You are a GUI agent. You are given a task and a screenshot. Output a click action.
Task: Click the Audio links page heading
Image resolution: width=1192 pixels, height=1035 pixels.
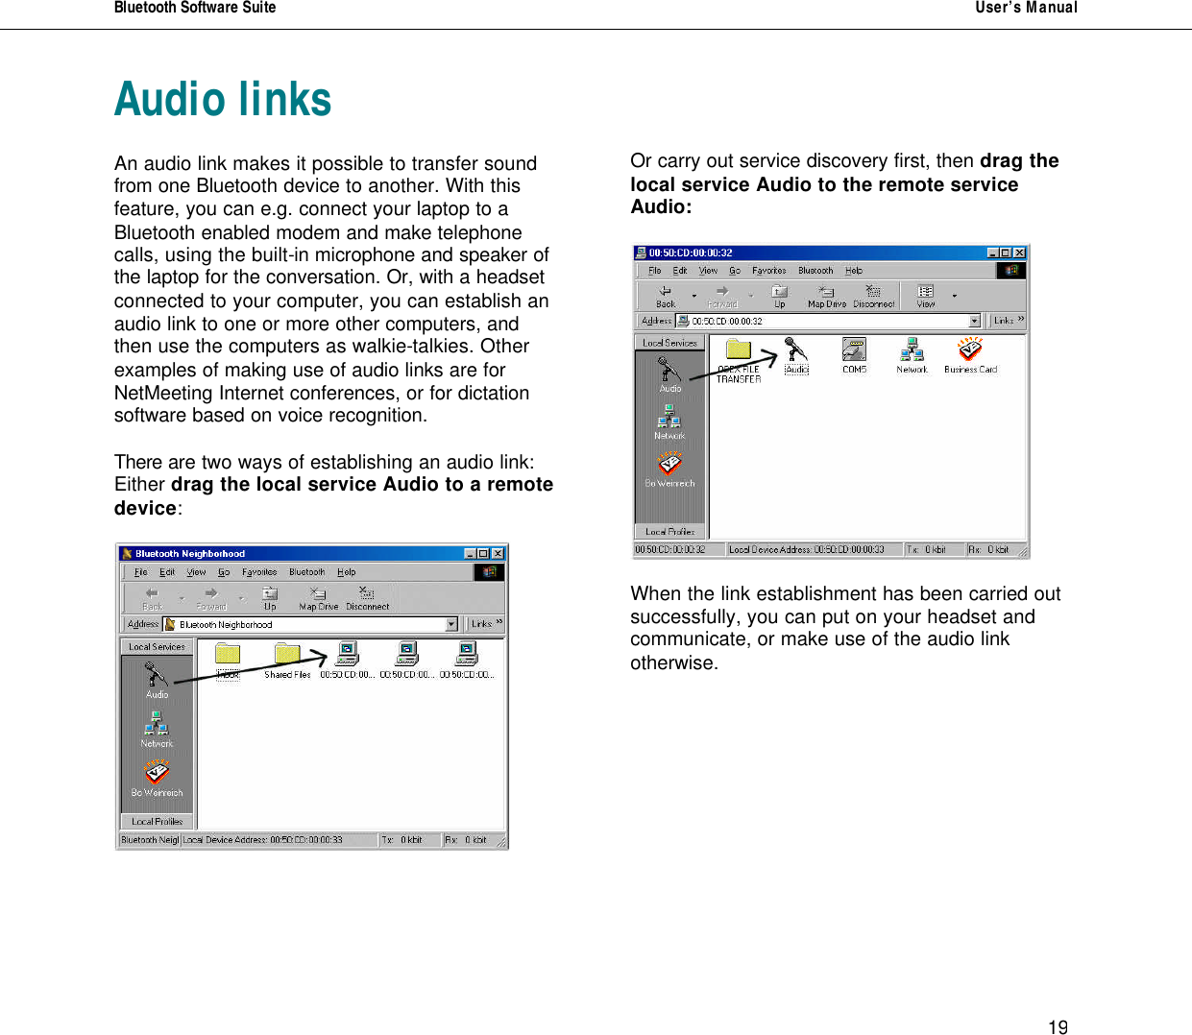tap(223, 100)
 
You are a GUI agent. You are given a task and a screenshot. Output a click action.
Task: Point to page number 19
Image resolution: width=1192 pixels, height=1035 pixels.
tap(1058, 1027)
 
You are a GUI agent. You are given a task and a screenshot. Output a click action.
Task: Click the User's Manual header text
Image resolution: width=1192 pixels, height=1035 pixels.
tap(1026, 8)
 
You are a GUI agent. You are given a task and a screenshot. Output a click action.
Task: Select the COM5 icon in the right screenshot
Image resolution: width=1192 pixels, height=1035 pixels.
tap(854, 351)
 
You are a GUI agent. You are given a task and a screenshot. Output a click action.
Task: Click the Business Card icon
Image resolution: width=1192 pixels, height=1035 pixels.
tap(970, 351)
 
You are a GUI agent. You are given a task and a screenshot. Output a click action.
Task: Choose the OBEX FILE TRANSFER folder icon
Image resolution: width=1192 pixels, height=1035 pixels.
tap(739, 351)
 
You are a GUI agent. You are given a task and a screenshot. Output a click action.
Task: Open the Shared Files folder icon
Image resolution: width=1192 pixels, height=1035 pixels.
tap(287, 656)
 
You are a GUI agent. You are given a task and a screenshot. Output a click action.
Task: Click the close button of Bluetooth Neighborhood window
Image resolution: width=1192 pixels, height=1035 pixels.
tap(498, 554)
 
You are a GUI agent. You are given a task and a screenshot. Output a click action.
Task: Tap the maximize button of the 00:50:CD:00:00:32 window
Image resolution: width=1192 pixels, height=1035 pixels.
tap(1006, 253)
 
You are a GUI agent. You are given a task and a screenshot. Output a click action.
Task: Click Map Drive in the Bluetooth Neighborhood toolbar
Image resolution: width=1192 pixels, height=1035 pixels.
tap(319, 598)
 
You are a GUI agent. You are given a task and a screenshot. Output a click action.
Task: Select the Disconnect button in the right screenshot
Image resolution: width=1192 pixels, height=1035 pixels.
tap(873, 296)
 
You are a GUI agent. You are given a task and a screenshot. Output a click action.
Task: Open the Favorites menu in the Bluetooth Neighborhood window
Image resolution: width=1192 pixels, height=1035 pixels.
tap(259, 572)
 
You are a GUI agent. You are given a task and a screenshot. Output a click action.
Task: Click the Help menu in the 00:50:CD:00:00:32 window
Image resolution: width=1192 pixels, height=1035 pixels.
tap(854, 271)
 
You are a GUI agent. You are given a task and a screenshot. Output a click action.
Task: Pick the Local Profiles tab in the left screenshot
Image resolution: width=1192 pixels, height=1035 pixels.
tap(158, 822)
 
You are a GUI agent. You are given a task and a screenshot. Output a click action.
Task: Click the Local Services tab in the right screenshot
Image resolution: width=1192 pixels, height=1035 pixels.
tap(669, 343)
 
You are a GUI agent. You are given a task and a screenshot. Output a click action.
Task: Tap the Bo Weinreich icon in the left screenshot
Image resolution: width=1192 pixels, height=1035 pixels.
tap(157, 776)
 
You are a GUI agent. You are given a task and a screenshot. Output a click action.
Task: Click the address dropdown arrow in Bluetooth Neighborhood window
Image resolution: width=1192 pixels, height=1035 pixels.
tap(451, 625)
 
